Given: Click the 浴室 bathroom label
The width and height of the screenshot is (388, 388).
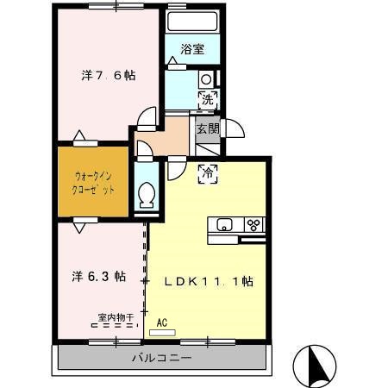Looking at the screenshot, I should coord(192,49).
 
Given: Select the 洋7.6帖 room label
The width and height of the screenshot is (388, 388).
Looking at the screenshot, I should coord(108,75).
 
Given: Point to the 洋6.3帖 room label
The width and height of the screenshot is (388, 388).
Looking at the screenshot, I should coord(97,277).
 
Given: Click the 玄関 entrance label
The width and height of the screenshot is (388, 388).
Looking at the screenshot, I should coord(207,128).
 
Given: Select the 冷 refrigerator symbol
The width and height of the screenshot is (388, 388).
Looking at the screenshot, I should coord(207,173).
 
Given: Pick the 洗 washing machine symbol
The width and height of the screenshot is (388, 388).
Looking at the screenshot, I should coord(207,99).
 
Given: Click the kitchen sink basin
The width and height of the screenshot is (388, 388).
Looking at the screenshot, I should coord(224,226).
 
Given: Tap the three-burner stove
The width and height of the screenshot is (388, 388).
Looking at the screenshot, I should coord(254,225).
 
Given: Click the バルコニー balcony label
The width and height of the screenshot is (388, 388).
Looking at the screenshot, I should coord(161,358).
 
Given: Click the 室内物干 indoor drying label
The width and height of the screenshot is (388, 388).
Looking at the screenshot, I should coord(116,318).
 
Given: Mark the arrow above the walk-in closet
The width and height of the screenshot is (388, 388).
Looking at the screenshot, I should coord(80,136).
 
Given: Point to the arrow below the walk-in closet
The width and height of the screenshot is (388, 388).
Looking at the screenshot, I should coord(79,226).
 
